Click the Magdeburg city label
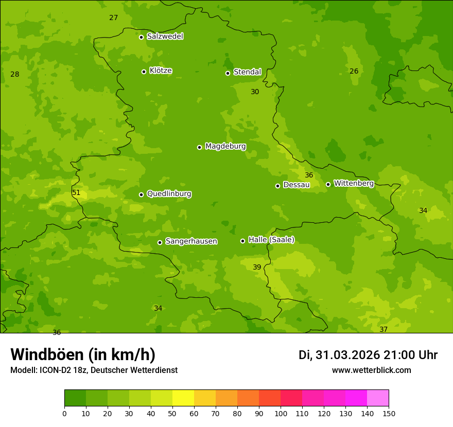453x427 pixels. pos(225,147)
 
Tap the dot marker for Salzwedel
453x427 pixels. pos(141,37)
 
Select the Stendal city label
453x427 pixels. pos(247,72)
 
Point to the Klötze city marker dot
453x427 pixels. pos(144,72)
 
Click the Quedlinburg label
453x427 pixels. pos(169,194)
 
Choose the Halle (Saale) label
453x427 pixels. pos(271,240)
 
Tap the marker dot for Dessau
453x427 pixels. pos(277,186)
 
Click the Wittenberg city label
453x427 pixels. pos(353,183)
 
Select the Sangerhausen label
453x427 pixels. pos(191,241)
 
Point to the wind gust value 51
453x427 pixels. pos(76,193)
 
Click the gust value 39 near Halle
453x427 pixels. pos(257,267)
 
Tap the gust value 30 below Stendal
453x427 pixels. pos(255,92)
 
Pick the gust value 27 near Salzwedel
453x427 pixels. pos(114,18)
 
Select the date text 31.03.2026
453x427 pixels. pos(347,355)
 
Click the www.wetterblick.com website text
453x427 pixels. pos(371,370)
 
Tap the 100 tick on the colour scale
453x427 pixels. pos(281,413)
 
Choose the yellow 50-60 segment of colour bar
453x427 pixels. pos(183,398)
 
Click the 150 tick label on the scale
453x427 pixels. pos(389,413)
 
